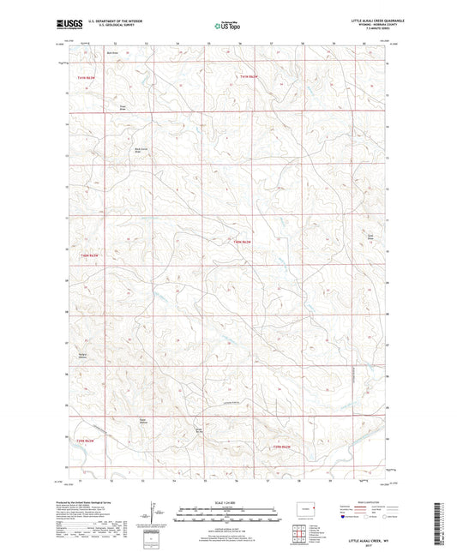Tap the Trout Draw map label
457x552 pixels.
pos(122,108)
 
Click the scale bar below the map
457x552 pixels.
pos(227,517)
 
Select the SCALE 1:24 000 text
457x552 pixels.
pos(227,501)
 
